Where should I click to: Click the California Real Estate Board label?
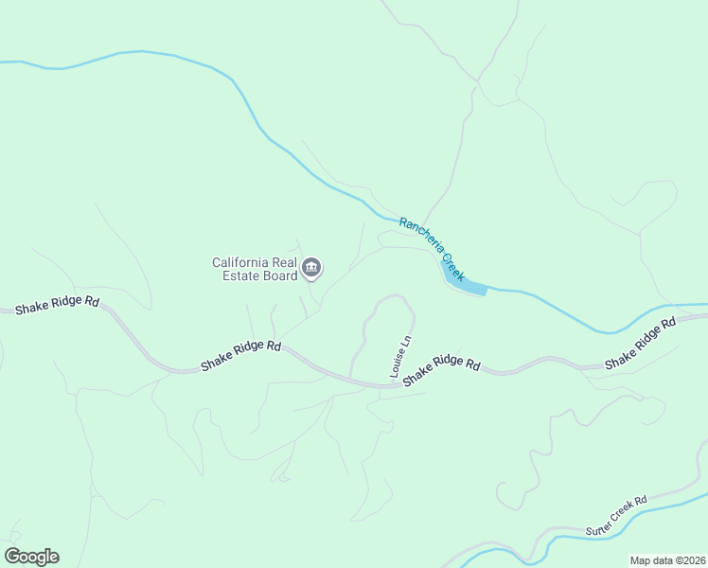point(254,269)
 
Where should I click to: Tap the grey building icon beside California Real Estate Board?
point(312,270)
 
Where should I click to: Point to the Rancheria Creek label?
point(432,249)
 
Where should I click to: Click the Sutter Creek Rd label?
point(615,513)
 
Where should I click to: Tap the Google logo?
point(31,556)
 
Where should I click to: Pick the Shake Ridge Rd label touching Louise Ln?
point(442,370)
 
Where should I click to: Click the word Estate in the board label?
point(232,276)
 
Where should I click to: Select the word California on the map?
point(242,262)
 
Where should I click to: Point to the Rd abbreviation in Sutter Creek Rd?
point(641,501)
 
